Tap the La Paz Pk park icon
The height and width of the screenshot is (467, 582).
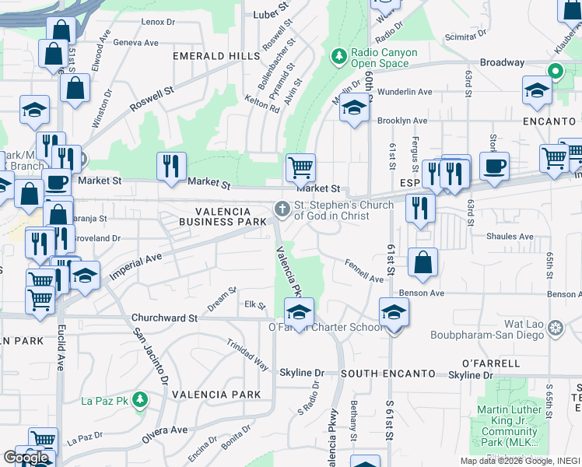coord(140,400)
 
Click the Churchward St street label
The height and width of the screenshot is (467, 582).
coord(165,318)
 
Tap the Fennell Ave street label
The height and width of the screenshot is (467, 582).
coord(365,273)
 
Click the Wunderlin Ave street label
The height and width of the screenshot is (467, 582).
coord(405,92)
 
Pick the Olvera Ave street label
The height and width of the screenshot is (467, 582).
coord(164,434)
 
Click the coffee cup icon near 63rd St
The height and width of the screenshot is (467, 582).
coord(494,166)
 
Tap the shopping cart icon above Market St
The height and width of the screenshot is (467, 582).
coord(300,166)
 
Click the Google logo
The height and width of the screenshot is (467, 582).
coord(26,458)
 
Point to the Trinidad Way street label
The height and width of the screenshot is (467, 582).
coord(247,353)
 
